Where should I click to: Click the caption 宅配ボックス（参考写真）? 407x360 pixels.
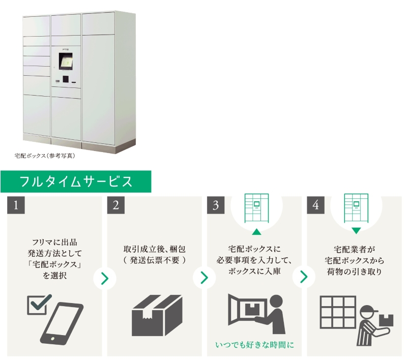pos(45,156)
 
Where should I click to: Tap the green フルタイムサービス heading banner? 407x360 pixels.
pos(76,182)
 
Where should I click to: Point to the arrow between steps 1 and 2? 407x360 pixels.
pos(105,278)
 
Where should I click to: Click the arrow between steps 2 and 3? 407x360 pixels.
pos(204,278)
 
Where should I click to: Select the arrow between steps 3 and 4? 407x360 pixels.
pos(304,278)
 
